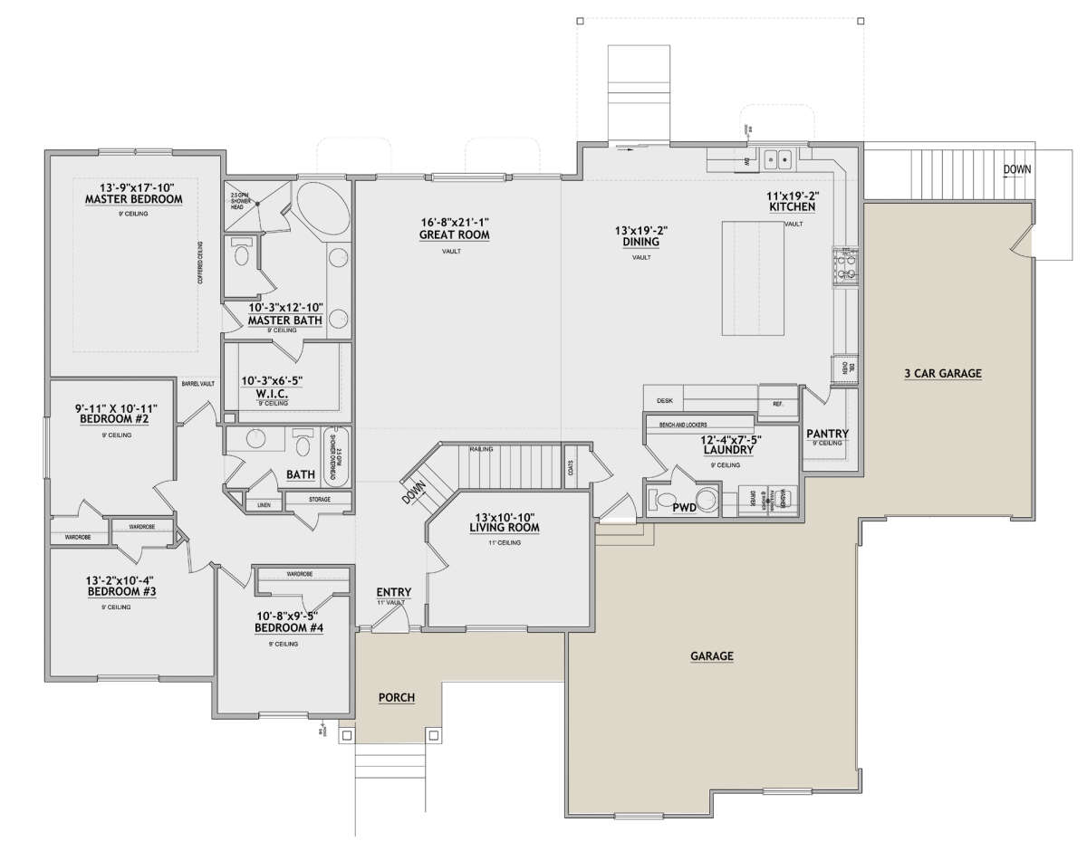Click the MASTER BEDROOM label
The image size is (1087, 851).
click(133, 199)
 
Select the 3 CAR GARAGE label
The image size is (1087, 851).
click(942, 373)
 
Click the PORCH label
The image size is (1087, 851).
click(396, 697)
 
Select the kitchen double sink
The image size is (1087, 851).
click(777, 160)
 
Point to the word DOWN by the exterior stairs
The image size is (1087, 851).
click(1016, 169)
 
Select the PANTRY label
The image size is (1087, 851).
click(826, 434)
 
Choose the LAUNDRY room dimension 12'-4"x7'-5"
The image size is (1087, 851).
click(729, 440)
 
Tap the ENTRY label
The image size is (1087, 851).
click(394, 593)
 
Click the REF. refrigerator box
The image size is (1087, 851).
click(778, 403)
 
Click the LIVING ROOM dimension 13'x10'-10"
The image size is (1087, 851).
click(505, 515)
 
